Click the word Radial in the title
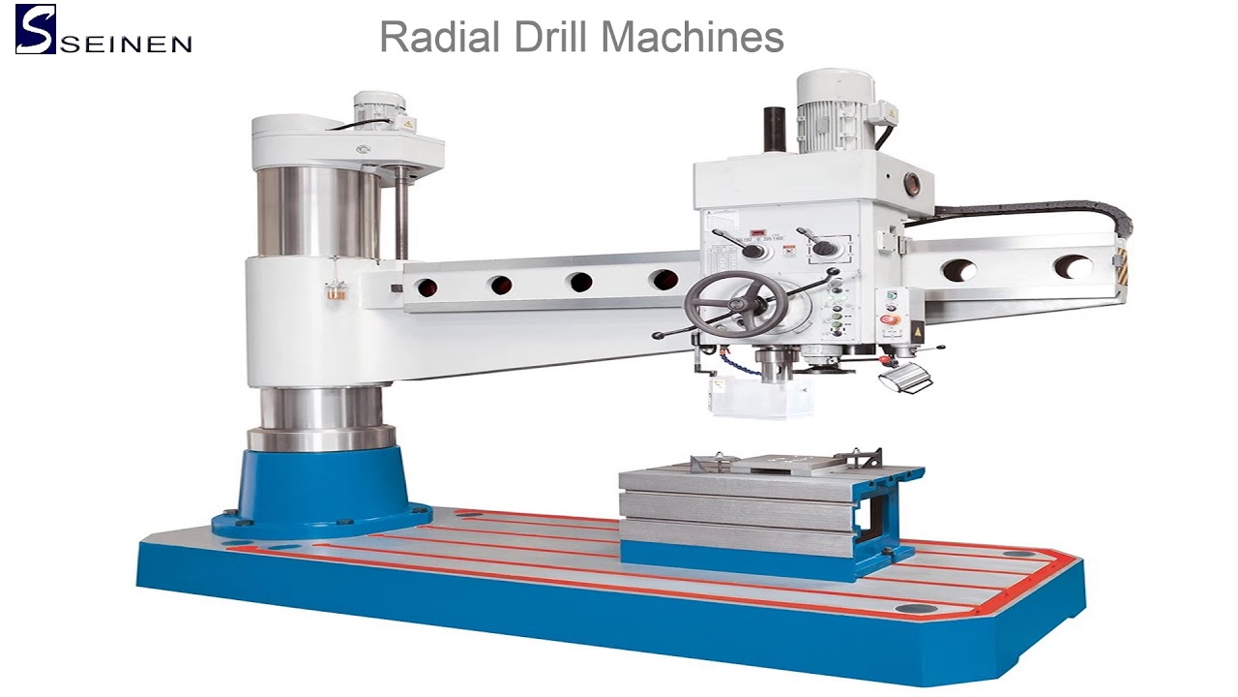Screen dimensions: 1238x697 (x=439, y=37)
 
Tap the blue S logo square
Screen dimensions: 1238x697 (x=36, y=29)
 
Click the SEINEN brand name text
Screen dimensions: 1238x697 (x=126, y=45)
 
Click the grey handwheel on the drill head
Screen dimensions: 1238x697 (x=735, y=304)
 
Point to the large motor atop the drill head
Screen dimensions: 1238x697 (x=836, y=110)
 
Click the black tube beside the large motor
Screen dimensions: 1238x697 (x=775, y=129)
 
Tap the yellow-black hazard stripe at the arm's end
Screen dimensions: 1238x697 (x=1122, y=266)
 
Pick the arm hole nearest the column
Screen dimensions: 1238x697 (x=427, y=288)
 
